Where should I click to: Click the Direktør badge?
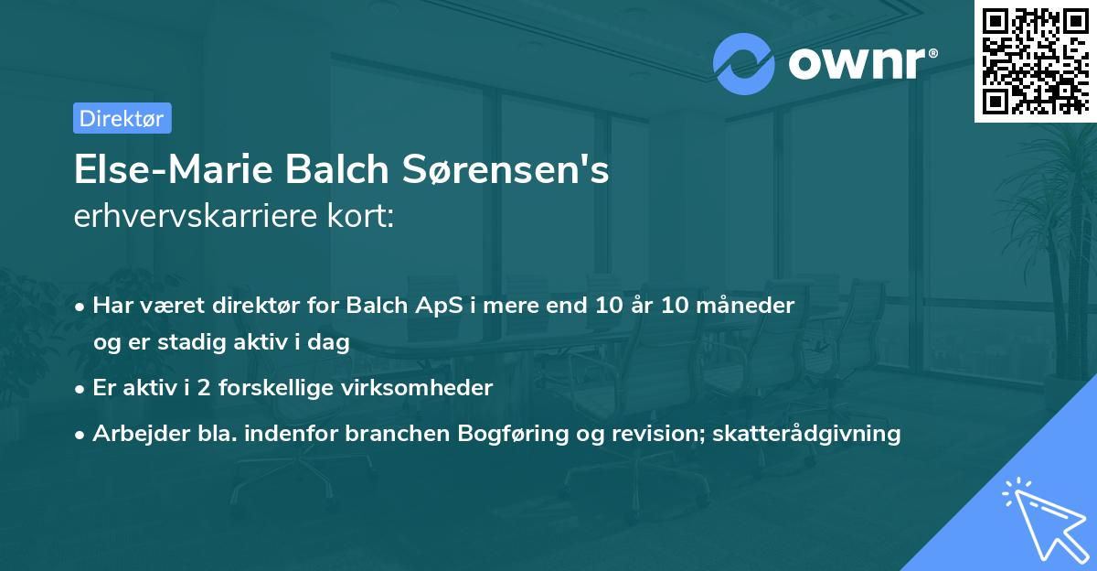(x=122, y=118)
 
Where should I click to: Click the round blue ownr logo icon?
(x=744, y=64)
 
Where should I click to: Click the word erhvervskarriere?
(x=202, y=218)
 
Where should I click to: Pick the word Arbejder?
(x=133, y=433)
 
